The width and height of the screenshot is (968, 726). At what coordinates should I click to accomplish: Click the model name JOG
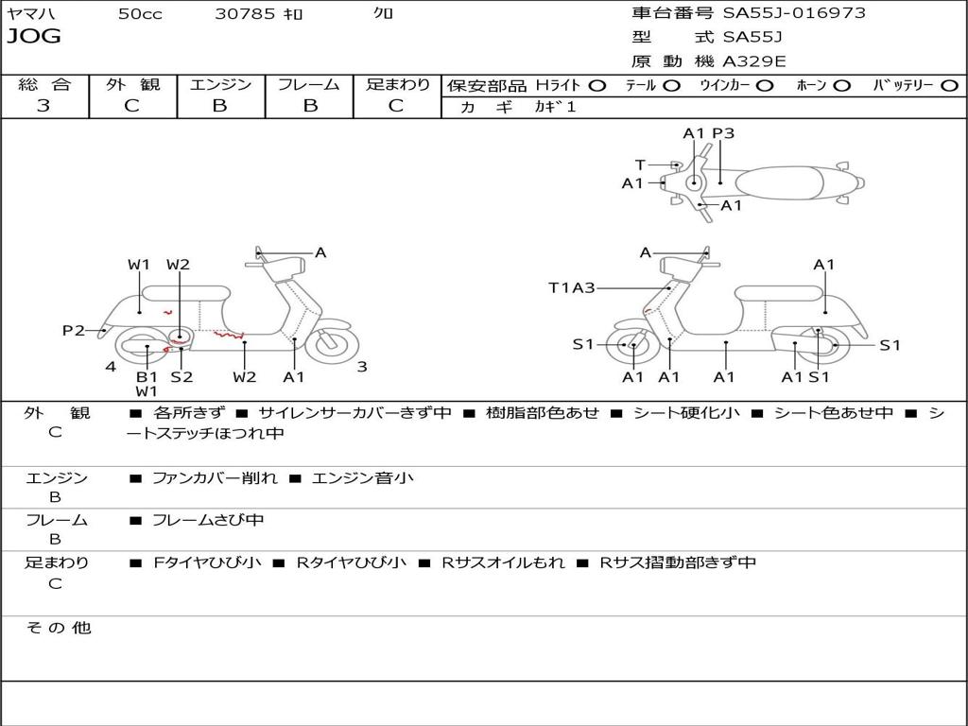click(x=34, y=37)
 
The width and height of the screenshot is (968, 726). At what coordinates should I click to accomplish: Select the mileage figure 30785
click(x=246, y=14)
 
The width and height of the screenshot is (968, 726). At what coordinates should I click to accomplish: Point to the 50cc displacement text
click(x=140, y=14)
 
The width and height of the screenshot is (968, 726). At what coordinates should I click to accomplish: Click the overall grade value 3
click(x=43, y=106)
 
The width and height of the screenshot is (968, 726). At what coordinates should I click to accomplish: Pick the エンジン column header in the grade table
click(x=220, y=84)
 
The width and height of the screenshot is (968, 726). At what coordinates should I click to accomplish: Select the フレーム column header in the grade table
click(x=309, y=84)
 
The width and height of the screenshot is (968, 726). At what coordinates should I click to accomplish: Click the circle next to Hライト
click(x=597, y=85)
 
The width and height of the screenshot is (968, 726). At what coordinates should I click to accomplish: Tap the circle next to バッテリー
click(x=949, y=85)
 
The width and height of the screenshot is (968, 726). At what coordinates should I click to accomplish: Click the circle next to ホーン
click(x=841, y=85)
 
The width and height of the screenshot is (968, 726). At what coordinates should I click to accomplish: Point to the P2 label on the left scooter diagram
click(x=74, y=330)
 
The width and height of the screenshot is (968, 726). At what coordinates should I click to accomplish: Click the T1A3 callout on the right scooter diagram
click(x=572, y=287)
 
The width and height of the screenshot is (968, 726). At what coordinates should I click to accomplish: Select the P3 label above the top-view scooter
click(x=723, y=133)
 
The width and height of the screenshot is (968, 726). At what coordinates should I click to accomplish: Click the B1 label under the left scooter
click(x=147, y=376)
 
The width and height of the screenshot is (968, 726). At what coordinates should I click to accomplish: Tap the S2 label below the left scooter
click(x=181, y=376)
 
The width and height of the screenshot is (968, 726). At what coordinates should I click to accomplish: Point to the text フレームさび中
click(x=208, y=520)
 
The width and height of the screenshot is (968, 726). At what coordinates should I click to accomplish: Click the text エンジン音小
click(x=362, y=478)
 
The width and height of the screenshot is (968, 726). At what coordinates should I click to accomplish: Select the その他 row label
click(x=58, y=628)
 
